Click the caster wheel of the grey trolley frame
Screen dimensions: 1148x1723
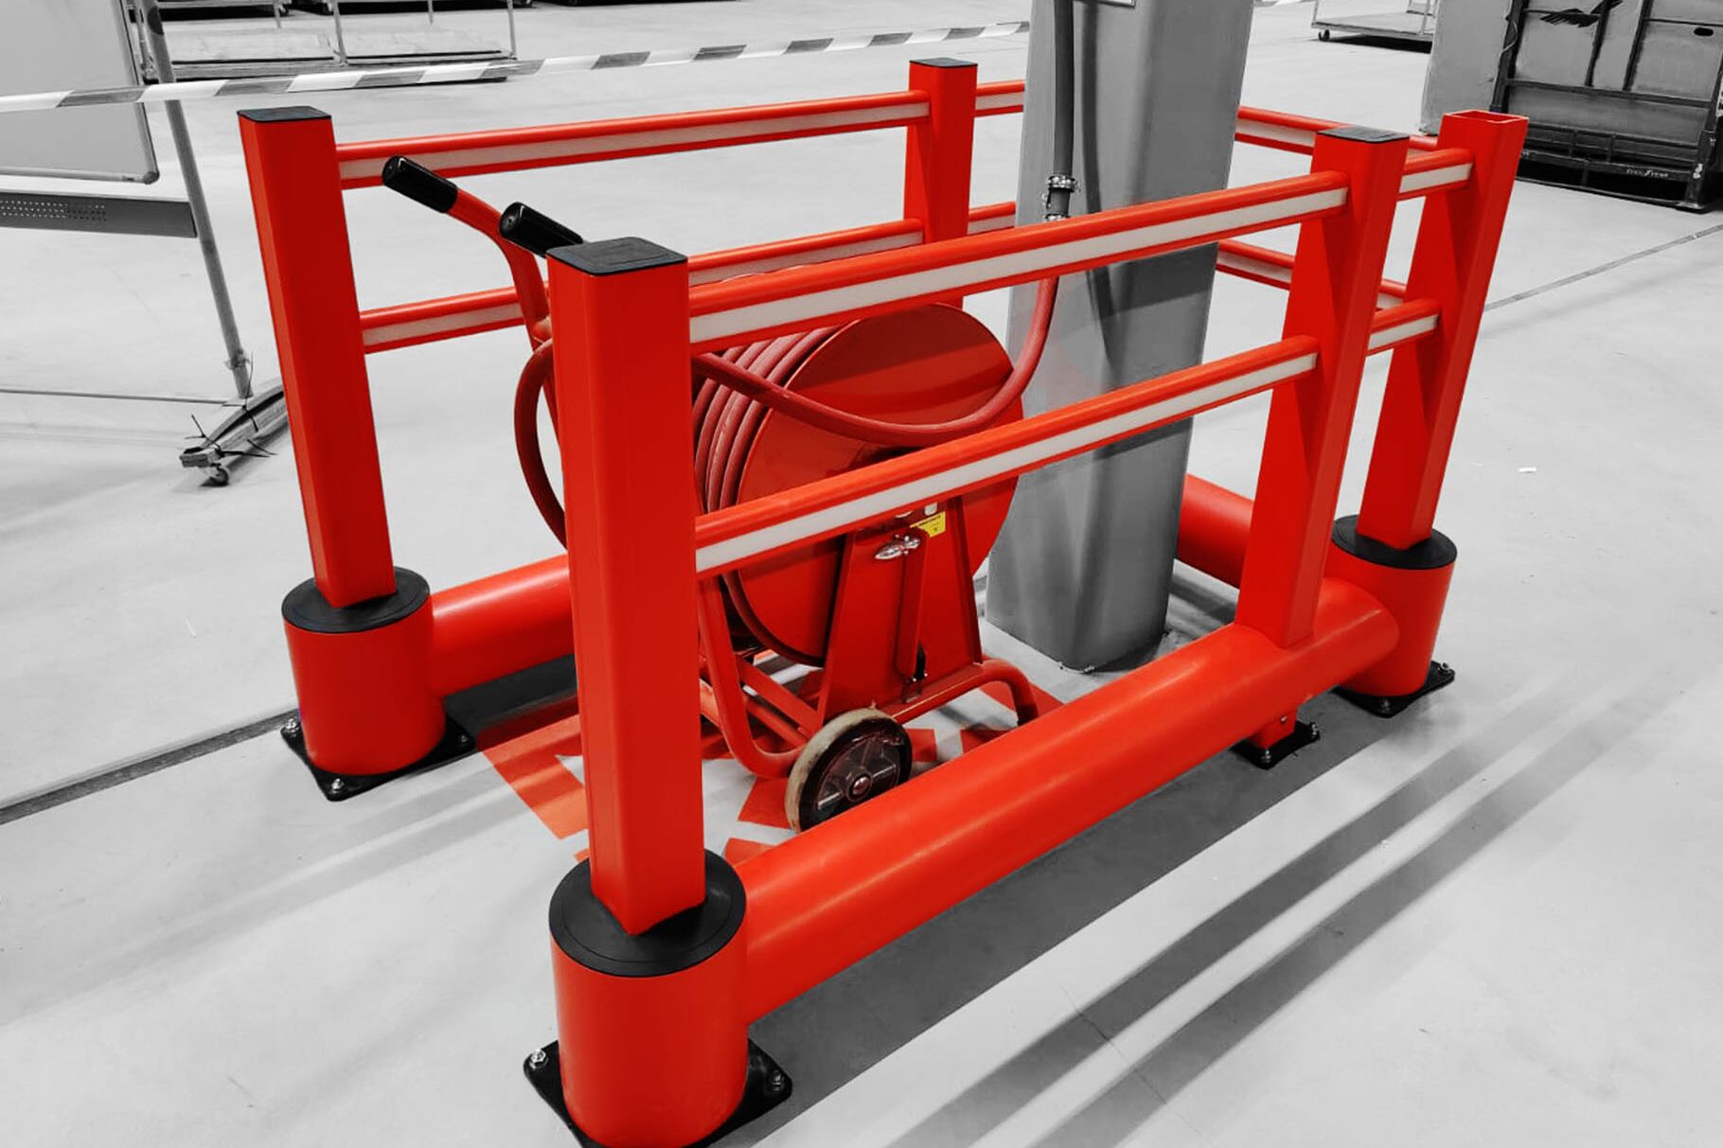(x=216, y=470)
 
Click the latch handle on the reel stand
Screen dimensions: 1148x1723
(x=896, y=547)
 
